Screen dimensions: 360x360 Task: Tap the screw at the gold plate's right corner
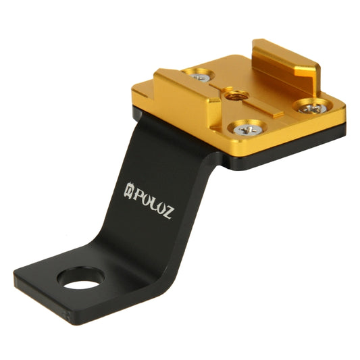pos(312,106)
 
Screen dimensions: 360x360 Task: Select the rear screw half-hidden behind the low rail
pos(199,76)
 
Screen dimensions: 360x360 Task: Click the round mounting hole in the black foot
pos(81,277)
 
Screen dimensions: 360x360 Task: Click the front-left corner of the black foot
pos(18,278)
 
